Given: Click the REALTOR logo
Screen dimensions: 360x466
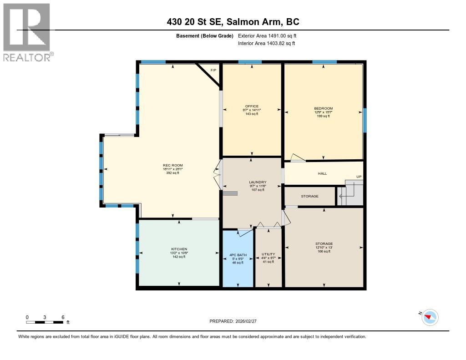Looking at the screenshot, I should pyautogui.click(x=27, y=32).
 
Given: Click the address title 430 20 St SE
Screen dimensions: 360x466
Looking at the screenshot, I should pyautogui.click(x=233, y=22).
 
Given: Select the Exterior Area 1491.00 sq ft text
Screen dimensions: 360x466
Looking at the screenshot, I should pyautogui.click(x=267, y=35).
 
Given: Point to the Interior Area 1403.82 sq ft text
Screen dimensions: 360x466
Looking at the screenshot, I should pyautogui.click(x=267, y=43).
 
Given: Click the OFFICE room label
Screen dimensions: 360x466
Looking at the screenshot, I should pyautogui.click(x=251, y=106).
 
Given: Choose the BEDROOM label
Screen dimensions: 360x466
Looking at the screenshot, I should pyautogui.click(x=323, y=108).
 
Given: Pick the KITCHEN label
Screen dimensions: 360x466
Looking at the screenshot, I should pyautogui.click(x=179, y=249).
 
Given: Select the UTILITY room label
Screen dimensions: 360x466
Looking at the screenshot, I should pyautogui.click(x=268, y=254).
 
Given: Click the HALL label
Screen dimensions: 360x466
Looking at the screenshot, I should pyautogui.click(x=322, y=173).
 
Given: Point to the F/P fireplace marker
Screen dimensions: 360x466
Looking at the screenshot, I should pyautogui.click(x=213, y=70).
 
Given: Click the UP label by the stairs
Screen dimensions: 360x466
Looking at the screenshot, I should pyautogui.click(x=359, y=177).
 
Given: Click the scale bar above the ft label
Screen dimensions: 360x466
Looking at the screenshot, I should pyautogui.click(x=45, y=322).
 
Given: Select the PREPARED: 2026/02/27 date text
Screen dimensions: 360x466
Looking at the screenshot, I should pyautogui.click(x=236, y=321).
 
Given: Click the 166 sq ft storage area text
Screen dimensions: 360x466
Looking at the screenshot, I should pyautogui.click(x=324, y=252).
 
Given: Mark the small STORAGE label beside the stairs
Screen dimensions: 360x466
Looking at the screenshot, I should pyautogui.click(x=310, y=196).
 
